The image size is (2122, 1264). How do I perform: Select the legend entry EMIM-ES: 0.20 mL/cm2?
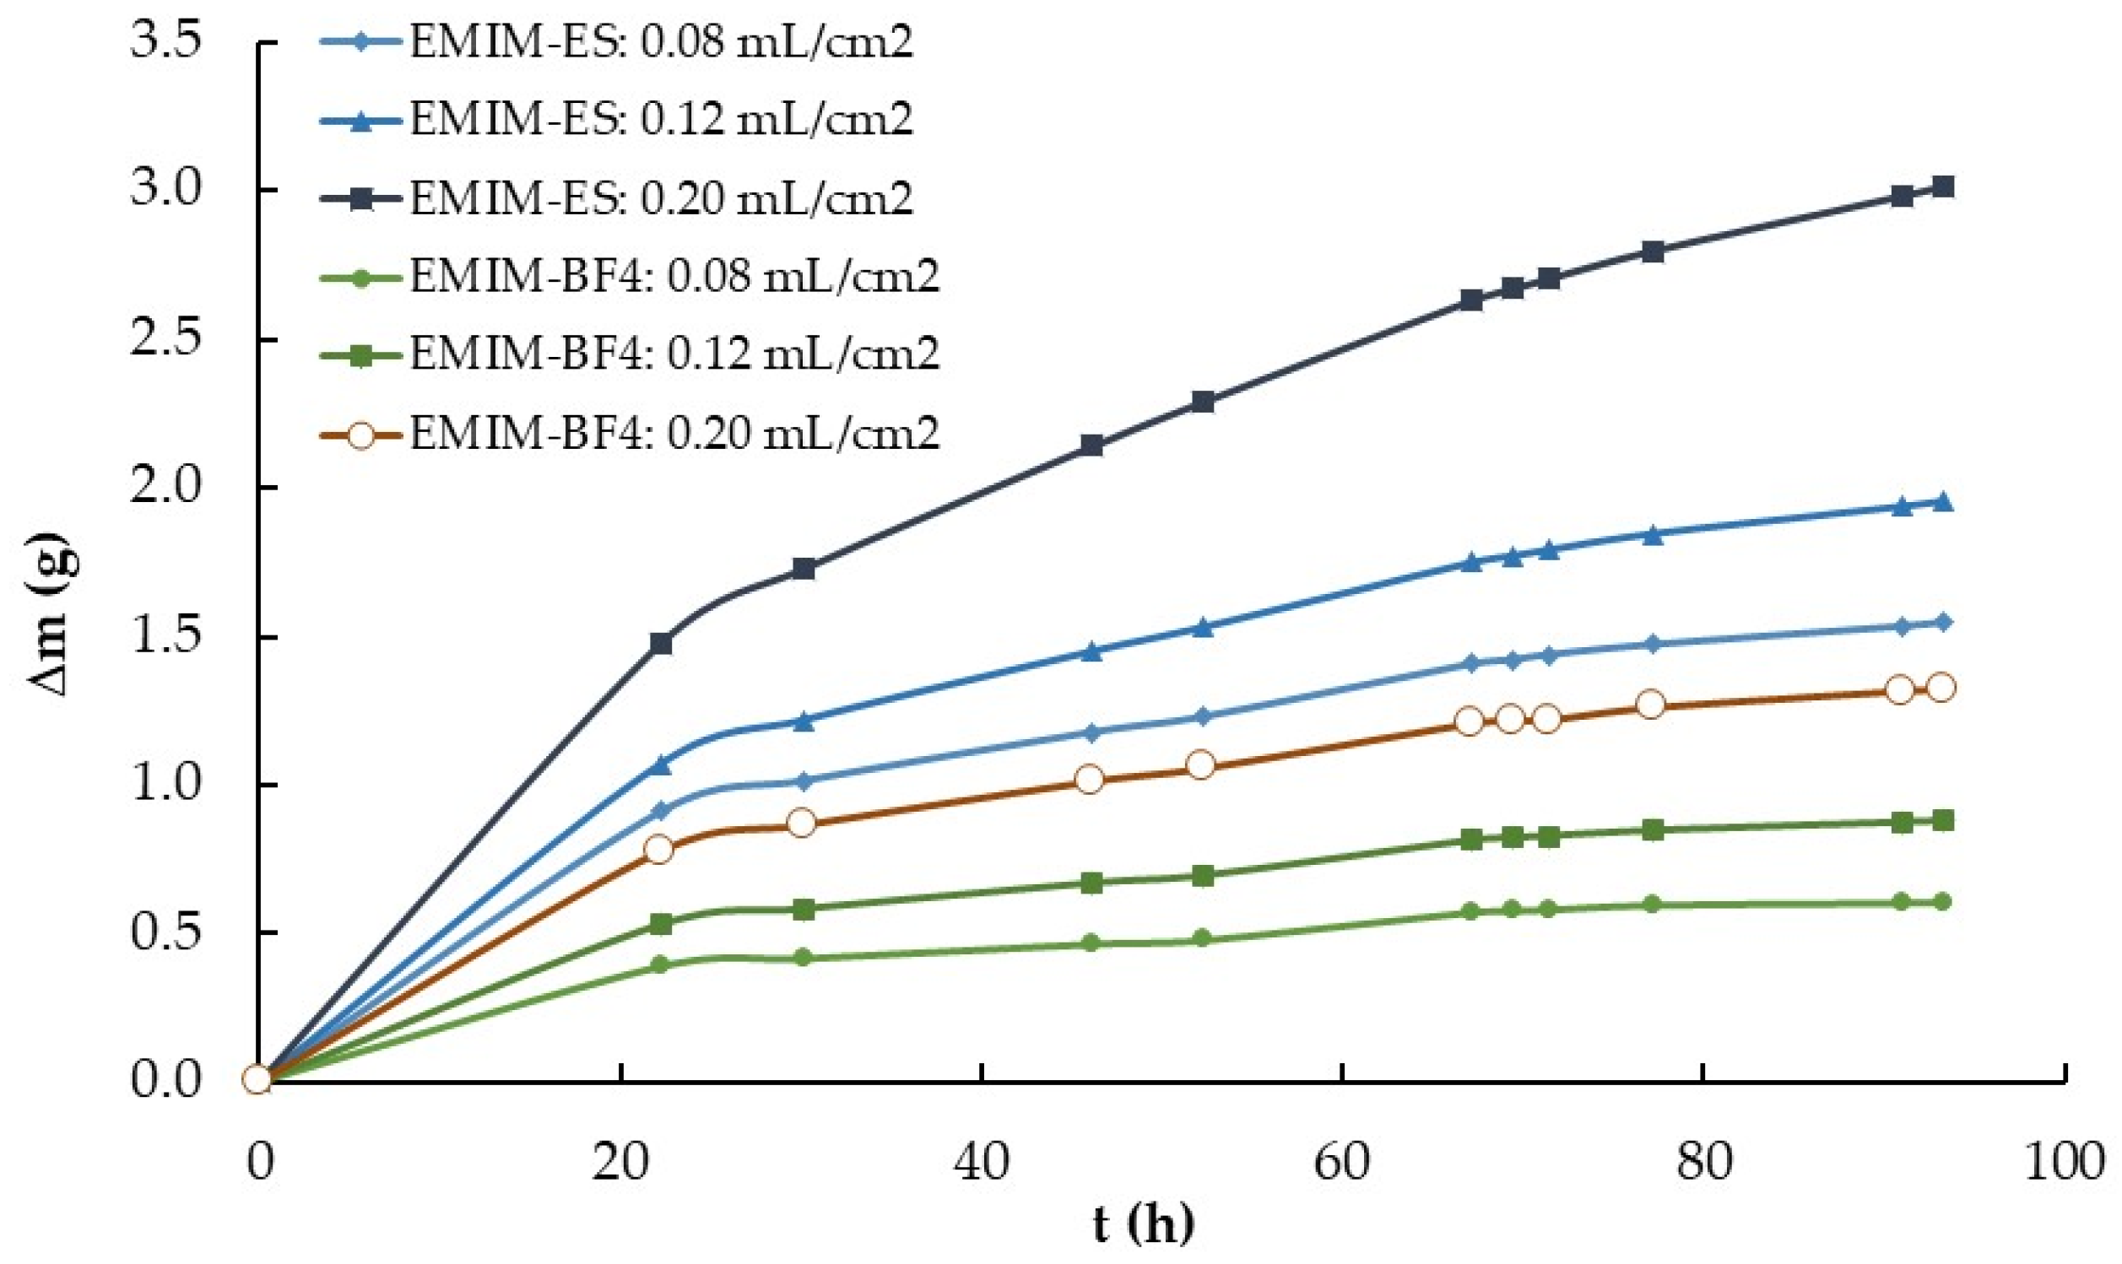click(660, 198)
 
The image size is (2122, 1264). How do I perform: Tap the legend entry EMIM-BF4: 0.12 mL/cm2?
click(674, 354)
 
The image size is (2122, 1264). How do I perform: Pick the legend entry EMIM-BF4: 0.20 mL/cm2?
click(674, 434)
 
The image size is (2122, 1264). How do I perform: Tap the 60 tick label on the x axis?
click(1342, 1162)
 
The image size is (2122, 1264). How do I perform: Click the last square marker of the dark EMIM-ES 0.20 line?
click(1942, 186)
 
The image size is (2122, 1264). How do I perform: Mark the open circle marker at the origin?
click(257, 1079)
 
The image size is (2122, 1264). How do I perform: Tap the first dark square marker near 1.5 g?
click(660, 643)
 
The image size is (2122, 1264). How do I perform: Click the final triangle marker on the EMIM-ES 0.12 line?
click(1942, 502)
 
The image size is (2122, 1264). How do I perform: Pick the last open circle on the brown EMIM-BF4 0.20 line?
click(1941, 688)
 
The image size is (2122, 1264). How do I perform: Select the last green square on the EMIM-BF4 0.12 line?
click(1942, 820)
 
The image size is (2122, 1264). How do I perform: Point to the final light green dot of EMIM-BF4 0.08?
click(1942, 902)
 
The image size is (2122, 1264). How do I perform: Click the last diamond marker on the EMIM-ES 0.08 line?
click(1942, 622)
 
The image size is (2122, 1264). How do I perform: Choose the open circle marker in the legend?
click(361, 435)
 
